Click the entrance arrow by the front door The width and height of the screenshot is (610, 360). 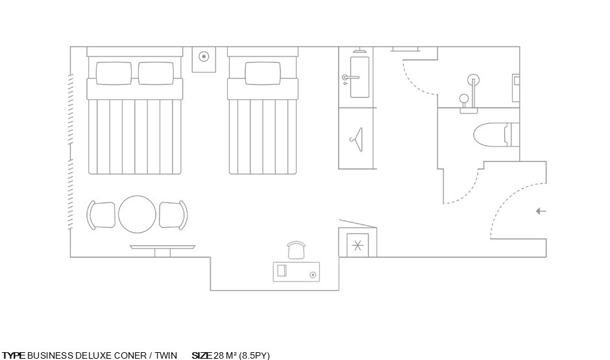541,211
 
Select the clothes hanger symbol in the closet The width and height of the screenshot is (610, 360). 357,139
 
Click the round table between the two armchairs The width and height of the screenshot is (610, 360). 138,214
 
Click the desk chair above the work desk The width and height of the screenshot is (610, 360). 297,250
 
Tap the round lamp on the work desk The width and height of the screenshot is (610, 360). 313,275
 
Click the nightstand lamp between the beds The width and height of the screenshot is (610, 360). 204,56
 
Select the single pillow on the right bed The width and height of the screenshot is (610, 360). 263,73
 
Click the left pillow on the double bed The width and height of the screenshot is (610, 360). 114,73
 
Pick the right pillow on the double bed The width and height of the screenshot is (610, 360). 156,73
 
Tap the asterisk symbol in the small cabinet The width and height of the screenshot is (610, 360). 357,245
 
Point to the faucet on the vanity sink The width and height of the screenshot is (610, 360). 350,78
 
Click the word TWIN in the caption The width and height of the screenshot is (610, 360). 166,355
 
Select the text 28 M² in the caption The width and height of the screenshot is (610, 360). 225,355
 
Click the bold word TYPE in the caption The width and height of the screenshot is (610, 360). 14,355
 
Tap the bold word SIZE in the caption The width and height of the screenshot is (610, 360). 202,355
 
